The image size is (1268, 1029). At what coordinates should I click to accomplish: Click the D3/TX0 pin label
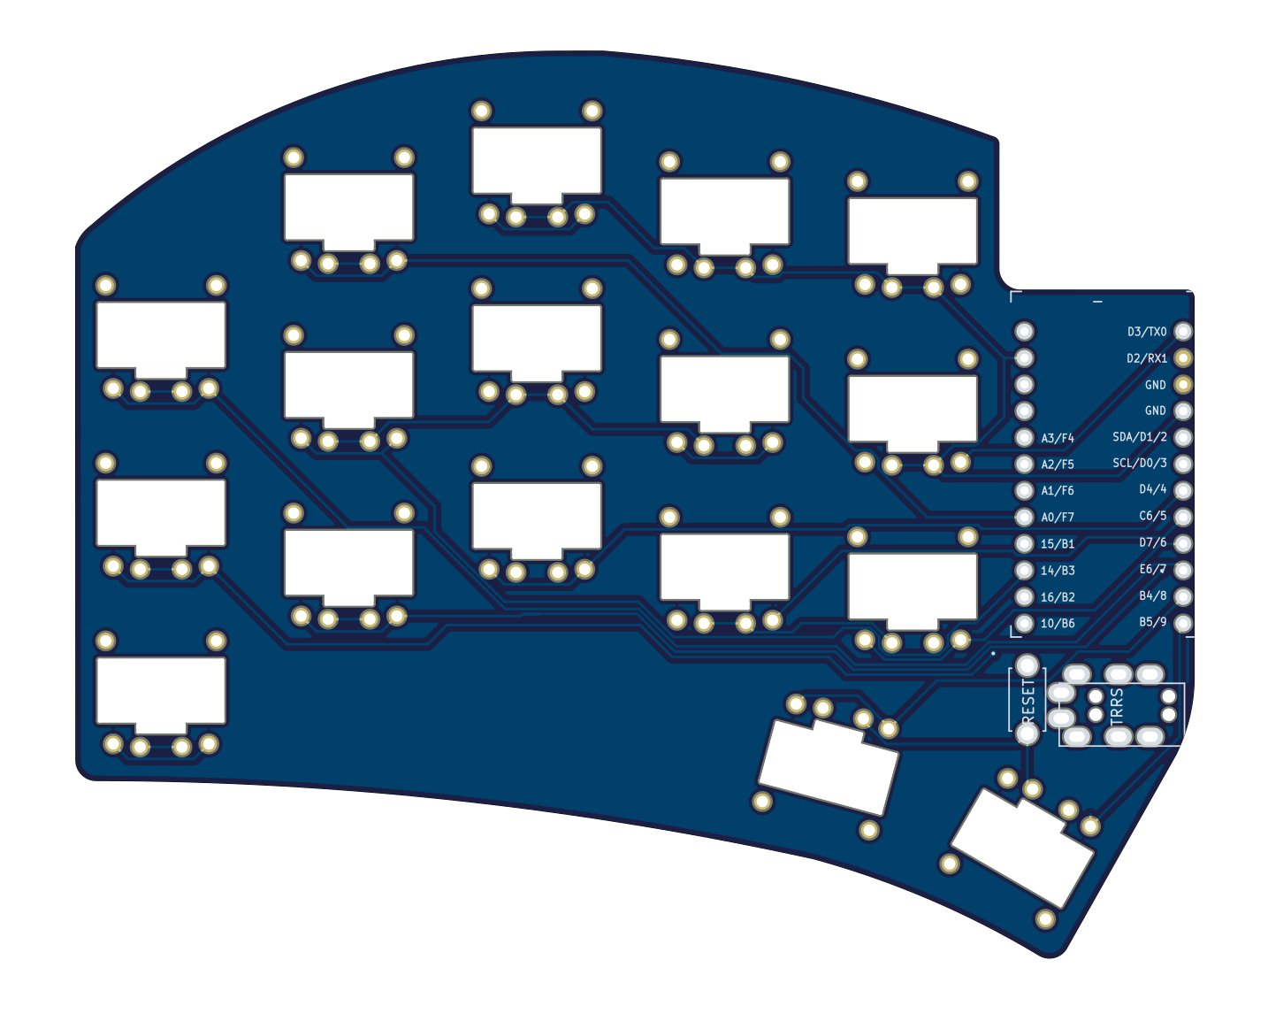(1146, 332)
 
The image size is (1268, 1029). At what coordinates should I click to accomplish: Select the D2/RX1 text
(1146, 358)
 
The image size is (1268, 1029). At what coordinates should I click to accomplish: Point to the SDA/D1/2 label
(1139, 437)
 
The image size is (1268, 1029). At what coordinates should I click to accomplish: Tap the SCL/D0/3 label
(1139, 463)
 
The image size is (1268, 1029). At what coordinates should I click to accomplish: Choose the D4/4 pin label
(1152, 489)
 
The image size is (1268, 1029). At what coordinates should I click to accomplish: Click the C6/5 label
(1152, 516)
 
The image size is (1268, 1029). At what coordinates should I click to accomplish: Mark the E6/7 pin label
(1152, 569)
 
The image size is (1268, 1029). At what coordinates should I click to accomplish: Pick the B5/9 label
(1152, 622)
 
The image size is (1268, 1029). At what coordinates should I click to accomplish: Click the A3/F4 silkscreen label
(1057, 438)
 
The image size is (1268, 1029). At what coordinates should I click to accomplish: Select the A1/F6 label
(1057, 490)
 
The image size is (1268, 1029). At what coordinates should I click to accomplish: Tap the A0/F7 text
(1057, 518)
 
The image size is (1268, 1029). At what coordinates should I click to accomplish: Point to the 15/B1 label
(1057, 544)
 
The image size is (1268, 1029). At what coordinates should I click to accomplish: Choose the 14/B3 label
(1057, 571)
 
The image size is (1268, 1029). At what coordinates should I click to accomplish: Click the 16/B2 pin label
(1057, 597)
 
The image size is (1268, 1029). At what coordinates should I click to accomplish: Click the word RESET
(1027, 699)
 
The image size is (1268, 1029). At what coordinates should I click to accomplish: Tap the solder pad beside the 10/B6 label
(1024, 623)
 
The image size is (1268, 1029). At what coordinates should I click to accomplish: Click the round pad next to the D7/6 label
(1182, 543)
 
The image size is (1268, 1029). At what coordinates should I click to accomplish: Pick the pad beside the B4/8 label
(1182, 596)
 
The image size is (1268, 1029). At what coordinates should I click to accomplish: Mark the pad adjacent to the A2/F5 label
(1024, 464)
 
